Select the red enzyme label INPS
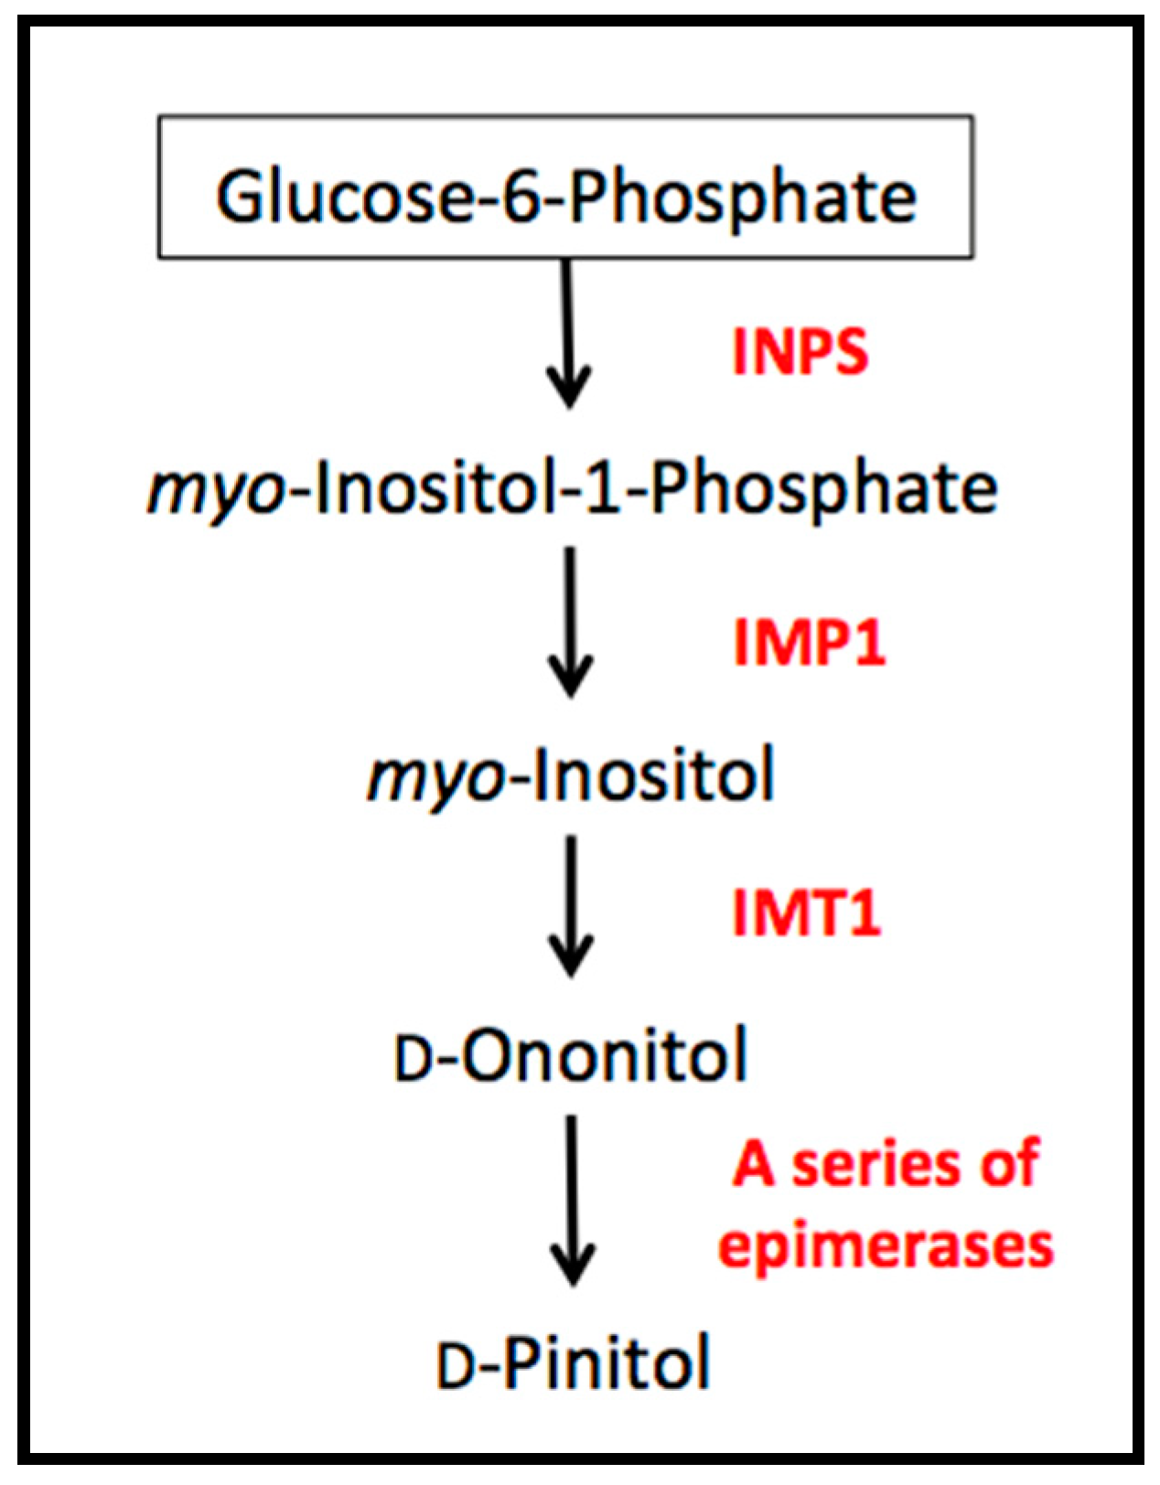point(800,352)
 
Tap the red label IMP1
point(810,642)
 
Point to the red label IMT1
point(806,913)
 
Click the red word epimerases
point(886,1245)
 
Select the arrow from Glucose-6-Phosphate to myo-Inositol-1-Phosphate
point(568,334)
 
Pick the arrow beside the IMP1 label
point(571,622)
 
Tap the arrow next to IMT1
point(571,905)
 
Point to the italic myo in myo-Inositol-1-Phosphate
point(216,492)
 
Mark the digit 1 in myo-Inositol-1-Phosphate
point(603,487)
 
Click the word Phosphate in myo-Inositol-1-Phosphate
point(824,489)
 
